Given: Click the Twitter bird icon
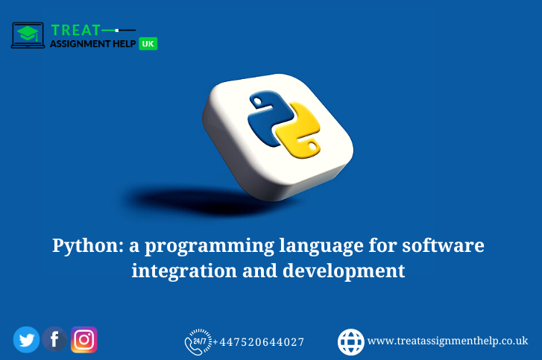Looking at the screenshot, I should click(26, 340).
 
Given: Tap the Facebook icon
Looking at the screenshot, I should click(54, 340).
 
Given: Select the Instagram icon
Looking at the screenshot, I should click(84, 340).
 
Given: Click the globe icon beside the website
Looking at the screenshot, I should click(351, 341).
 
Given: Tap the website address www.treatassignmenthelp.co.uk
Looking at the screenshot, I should click(447, 341).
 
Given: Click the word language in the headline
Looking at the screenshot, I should click(326, 245).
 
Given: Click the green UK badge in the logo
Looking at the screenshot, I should click(148, 44).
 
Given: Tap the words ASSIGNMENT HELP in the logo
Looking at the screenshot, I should click(92, 44).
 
